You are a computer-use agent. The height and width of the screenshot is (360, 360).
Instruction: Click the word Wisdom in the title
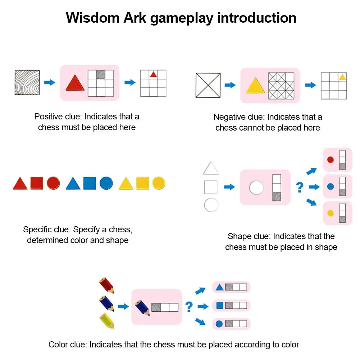(93, 18)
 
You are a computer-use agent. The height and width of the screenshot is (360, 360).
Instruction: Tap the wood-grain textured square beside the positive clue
(27, 82)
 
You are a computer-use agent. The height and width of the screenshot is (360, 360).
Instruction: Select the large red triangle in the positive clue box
(75, 83)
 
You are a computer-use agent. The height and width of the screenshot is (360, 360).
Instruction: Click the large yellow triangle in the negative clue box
(255, 85)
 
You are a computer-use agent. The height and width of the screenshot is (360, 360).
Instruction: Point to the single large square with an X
(208, 85)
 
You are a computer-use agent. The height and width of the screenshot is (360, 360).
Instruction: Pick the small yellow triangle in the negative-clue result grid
(342, 77)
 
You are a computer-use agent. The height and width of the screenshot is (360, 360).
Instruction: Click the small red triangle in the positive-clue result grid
(153, 74)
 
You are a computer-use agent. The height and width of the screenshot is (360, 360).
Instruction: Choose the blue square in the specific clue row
(90, 183)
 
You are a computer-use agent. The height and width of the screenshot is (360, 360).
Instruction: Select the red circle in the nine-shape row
(53, 183)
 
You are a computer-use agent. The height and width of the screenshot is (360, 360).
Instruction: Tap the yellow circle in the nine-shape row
(159, 183)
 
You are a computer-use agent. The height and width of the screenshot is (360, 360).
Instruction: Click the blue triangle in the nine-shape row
(73, 183)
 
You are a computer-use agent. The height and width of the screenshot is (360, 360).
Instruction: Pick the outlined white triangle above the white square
(211, 168)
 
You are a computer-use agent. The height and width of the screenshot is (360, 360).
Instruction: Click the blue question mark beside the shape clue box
(300, 187)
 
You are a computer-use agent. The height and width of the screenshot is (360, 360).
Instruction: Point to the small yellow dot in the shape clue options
(331, 213)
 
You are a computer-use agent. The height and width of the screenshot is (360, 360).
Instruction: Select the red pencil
(107, 286)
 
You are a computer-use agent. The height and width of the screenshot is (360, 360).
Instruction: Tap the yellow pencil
(107, 322)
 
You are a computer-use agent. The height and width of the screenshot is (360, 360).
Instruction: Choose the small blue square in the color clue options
(220, 305)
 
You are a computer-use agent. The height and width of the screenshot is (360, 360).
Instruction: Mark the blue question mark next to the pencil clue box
(189, 307)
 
